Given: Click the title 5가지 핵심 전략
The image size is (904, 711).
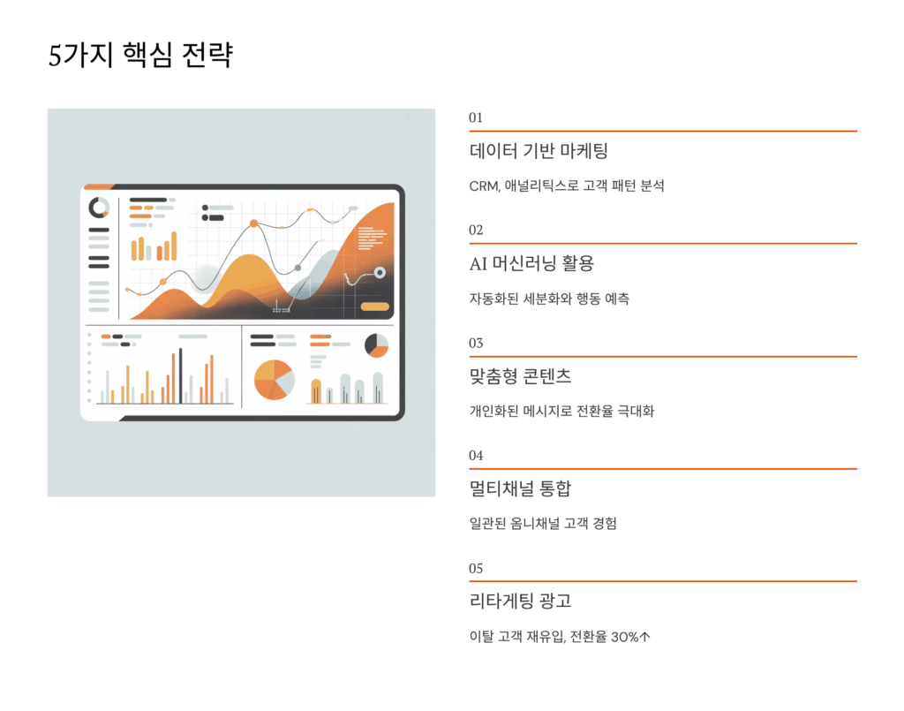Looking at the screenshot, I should click(140, 56).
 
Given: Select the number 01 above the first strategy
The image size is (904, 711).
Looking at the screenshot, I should click(476, 117).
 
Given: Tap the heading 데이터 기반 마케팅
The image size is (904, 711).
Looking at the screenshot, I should click(539, 151).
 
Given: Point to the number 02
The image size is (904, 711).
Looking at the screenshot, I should click(476, 230).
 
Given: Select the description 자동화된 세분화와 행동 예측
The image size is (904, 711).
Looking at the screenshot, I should click(549, 299).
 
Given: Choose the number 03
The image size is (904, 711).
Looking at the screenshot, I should click(476, 343).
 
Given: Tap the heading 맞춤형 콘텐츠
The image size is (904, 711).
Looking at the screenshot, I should click(520, 376).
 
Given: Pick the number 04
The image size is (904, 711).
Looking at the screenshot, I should click(476, 456).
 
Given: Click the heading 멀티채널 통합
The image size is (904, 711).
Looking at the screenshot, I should click(520, 489).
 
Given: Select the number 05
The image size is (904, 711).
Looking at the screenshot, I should click(476, 568).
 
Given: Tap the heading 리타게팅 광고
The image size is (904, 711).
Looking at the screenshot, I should click(520, 601).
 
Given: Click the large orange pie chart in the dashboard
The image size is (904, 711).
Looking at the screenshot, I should click(274, 380).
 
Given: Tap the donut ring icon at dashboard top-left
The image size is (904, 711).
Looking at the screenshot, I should click(99, 208).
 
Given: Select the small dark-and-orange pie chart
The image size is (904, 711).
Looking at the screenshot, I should click(377, 345).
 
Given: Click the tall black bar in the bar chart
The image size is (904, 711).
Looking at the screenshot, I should click(181, 376).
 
